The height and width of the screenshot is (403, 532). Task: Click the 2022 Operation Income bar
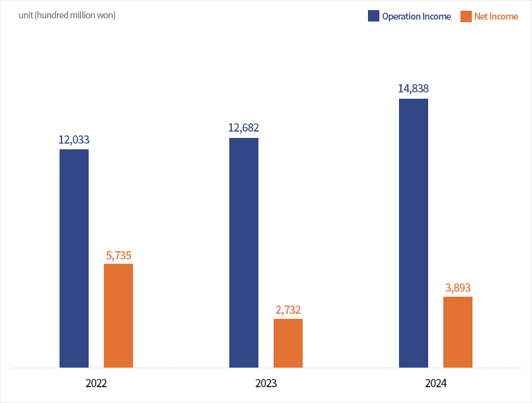point(74,258)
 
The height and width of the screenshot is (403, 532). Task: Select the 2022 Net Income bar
point(118,315)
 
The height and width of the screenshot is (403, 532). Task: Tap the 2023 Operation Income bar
point(244,252)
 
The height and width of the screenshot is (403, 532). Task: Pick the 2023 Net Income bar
point(288,343)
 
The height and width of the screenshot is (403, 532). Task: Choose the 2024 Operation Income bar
point(414,233)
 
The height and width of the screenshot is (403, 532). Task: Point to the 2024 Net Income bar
point(458,332)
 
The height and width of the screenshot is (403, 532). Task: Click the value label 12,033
point(74,140)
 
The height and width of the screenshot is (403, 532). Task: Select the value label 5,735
point(118,256)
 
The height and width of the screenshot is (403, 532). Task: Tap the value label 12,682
point(244,128)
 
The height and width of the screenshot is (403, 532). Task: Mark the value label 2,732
point(288,310)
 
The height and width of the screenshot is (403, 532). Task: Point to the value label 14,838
point(414,89)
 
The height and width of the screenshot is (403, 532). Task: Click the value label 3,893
point(458,288)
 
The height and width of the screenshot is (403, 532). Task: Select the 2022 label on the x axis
point(96,383)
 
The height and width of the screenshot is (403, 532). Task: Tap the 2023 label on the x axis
point(266,383)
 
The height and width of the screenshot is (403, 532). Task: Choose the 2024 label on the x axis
point(436,383)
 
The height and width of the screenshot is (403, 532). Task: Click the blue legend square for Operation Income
point(373,16)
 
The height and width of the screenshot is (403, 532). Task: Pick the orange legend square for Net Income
point(465,16)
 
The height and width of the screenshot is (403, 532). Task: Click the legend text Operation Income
point(416,16)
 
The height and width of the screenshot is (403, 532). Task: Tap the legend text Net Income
point(496,16)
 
